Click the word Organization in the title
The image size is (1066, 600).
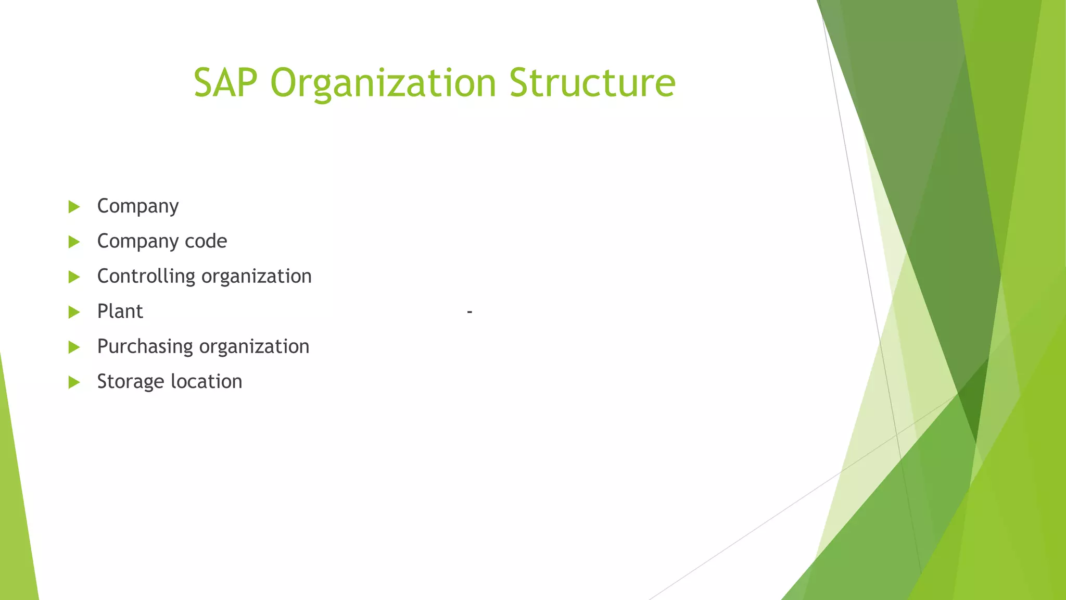pos(383,83)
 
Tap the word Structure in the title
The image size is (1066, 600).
pos(592,82)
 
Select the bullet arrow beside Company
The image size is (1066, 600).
pos(74,207)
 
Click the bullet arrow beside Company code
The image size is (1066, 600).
pos(74,242)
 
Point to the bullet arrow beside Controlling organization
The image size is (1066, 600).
pos(74,277)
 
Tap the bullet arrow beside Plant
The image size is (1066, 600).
pos(74,312)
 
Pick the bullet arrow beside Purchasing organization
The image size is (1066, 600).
pos(74,347)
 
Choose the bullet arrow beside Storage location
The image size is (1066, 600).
pos(74,382)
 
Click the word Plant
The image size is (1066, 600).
pos(120,311)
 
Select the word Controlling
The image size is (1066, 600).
pos(146,277)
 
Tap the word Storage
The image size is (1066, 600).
pos(131,382)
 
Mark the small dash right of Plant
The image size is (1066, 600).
pos(469,312)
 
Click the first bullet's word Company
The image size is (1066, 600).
pos(138,206)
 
